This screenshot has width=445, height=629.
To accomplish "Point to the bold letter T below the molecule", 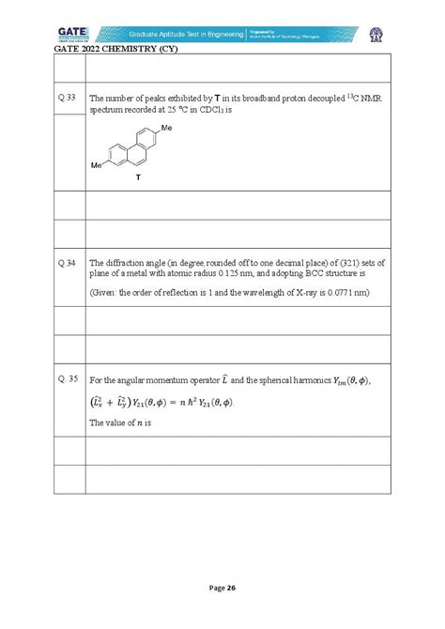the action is point(139,175).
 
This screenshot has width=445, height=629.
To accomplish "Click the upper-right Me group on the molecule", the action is point(166,127).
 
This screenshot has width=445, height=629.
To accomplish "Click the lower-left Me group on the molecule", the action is point(96,164).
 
